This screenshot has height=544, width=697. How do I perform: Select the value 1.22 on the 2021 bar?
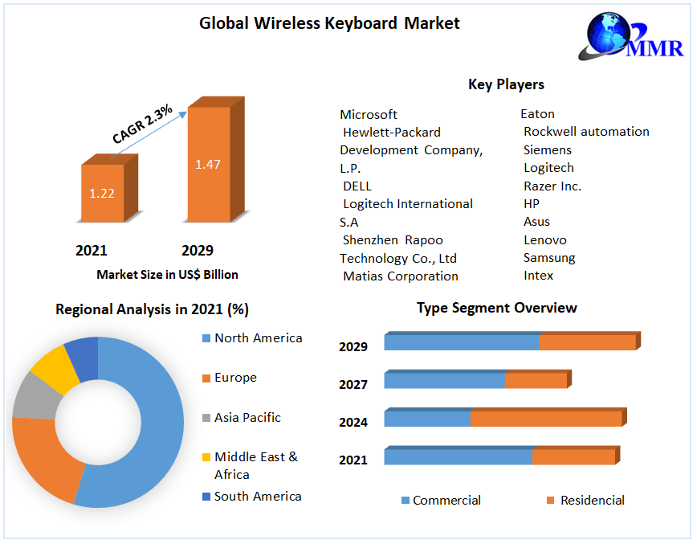click(102, 193)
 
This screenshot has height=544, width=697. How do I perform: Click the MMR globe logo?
click(617, 36)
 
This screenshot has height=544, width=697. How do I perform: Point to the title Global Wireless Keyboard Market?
click(329, 23)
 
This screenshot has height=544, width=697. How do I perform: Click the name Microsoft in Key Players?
click(369, 114)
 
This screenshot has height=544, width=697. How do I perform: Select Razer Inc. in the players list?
click(552, 186)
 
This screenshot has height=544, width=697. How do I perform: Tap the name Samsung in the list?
click(549, 258)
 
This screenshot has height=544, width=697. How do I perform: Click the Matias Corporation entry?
click(401, 276)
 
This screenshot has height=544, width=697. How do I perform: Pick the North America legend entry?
click(258, 338)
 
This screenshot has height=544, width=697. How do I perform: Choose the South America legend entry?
click(258, 497)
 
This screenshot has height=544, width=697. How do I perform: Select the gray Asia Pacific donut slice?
click(31, 395)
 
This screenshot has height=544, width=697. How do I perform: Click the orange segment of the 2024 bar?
click(545, 419)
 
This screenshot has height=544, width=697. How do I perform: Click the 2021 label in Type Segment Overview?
click(353, 460)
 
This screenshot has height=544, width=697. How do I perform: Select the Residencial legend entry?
click(592, 501)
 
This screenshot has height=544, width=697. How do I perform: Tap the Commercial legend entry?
click(446, 501)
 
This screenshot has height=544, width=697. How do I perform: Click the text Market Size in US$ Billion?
click(167, 275)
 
